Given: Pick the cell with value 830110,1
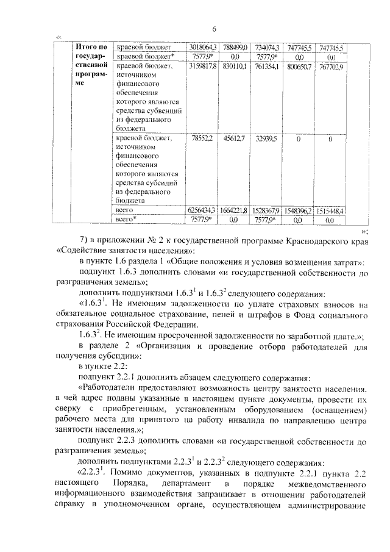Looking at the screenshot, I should tap(234, 66).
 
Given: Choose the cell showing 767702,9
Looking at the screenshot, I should tap(330, 66).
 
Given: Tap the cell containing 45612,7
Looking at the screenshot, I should tap(234, 138).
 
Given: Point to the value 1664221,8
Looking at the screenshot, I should tap(234, 210).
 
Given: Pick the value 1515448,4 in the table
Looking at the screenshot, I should tap(330, 210).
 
